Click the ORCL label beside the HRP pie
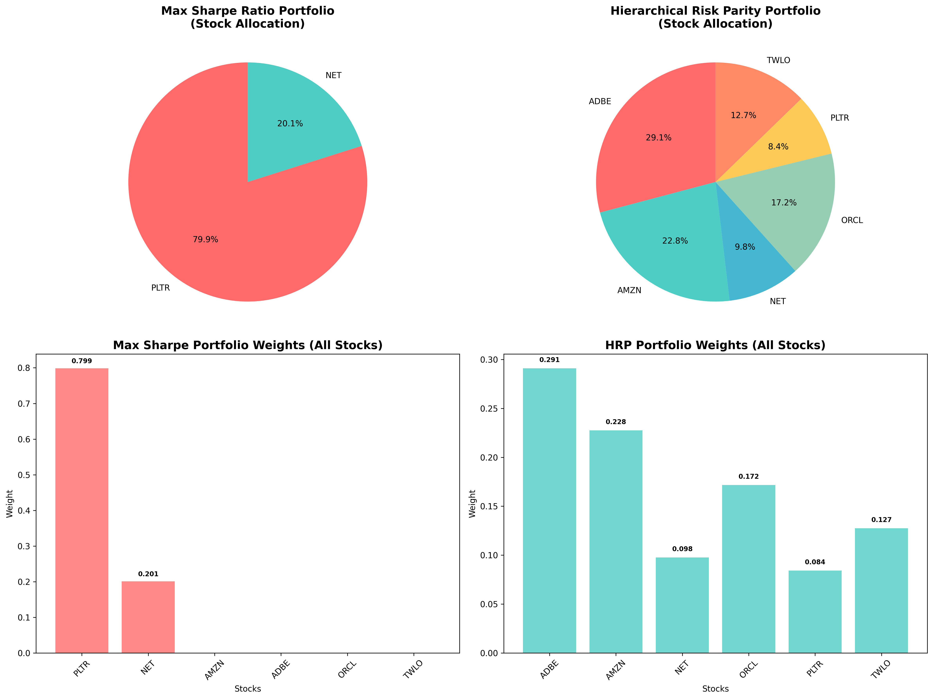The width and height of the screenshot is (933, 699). click(x=852, y=220)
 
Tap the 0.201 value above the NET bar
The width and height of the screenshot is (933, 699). click(x=148, y=574)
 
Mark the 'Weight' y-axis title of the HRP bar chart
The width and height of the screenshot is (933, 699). click(x=472, y=504)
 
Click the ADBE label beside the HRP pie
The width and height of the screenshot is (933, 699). click(x=600, y=101)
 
